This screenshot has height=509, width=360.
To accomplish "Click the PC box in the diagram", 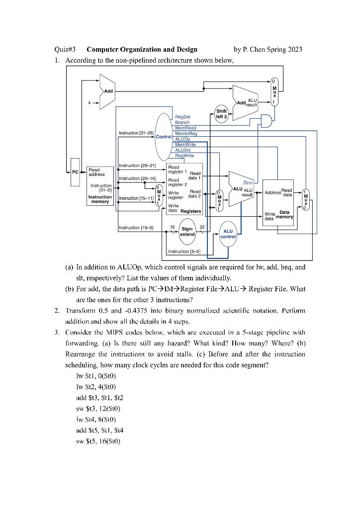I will click(75, 172).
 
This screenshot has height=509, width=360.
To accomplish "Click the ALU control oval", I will click(228, 234).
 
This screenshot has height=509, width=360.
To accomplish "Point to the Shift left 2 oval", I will click(221, 114).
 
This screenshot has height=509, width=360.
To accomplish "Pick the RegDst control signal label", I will click(182, 117).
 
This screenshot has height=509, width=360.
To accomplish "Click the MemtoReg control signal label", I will click(186, 134).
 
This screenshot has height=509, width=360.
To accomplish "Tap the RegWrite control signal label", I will click(184, 156).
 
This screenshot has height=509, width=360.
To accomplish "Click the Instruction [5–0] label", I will click(184, 252).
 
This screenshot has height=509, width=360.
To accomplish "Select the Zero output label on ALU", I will click(248, 183).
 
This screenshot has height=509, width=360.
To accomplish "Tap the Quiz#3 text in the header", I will click(65, 49).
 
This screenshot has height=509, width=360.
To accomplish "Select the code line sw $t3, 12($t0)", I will click(98, 409).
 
